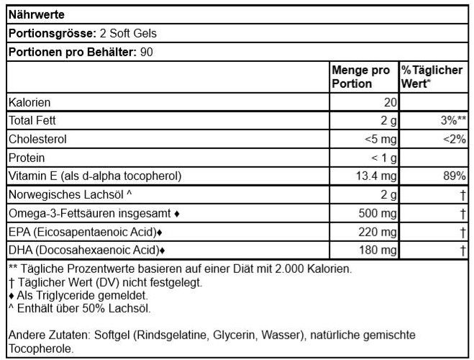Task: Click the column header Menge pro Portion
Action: pyautogui.click(x=360, y=77)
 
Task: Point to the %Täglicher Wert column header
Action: pyautogui.click(x=434, y=77)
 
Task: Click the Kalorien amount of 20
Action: pyautogui.click(x=389, y=103)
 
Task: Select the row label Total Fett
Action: pyautogui.click(x=33, y=120)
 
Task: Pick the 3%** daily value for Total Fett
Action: pyautogui.click(x=452, y=120)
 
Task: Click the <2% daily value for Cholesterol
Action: pyautogui.click(x=455, y=138)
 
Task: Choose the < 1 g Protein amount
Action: pyautogui.click(x=382, y=157)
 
